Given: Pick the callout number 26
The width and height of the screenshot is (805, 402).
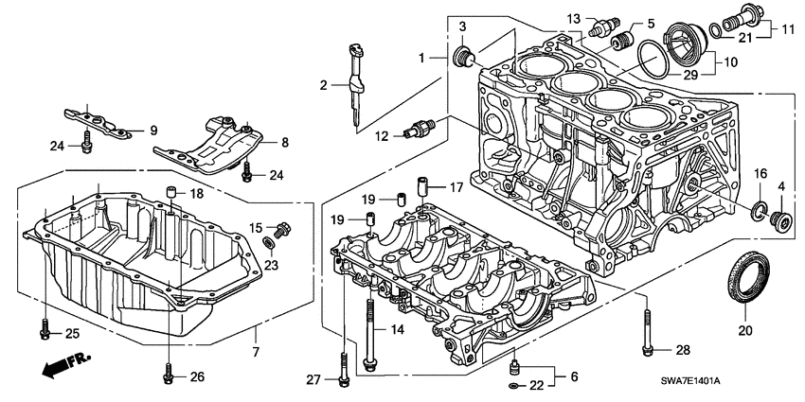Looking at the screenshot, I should (x=196, y=376).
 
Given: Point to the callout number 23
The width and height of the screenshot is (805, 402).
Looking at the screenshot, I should (x=269, y=265).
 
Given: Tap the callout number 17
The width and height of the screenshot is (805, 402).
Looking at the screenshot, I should (x=456, y=186).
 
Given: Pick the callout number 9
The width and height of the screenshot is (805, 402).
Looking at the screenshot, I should (x=152, y=130).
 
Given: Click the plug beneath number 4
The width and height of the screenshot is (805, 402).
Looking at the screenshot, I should (x=781, y=222).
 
